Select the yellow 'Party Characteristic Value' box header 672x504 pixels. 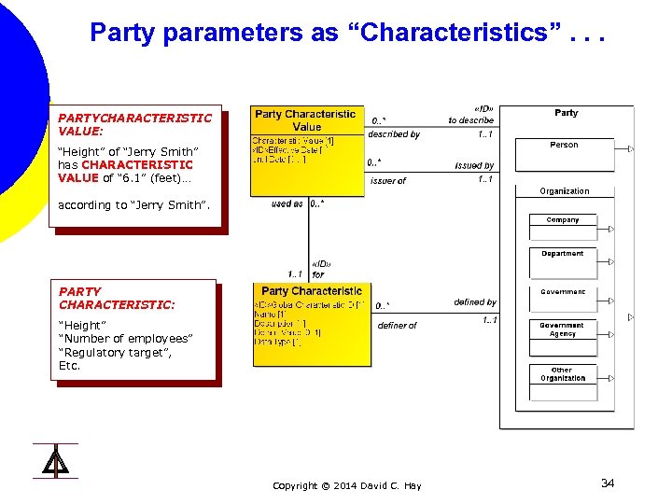(x=305, y=120)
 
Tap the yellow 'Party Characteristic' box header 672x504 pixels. (x=312, y=291)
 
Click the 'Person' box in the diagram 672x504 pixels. (x=564, y=146)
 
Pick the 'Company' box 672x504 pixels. (x=563, y=220)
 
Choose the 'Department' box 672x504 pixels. (x=563, y=254)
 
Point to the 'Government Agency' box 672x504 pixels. (x=563, y=329)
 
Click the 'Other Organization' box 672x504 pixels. (x=563, y=374)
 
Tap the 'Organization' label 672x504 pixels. (x=564, y=191)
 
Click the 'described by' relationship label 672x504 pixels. (x=393, y=134)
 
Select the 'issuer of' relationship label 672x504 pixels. (x=388, y=181)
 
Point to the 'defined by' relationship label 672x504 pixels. (x=475, y=302)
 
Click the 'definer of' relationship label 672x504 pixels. (x=397, y=326)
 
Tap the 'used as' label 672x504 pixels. (x=287, y=203)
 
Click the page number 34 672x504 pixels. (x=607, y=483)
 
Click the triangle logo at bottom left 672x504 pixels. (x=55, y=461)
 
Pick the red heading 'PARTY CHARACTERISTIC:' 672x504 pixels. (x=117, y=299)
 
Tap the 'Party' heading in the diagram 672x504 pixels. (x=566, y=113)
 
